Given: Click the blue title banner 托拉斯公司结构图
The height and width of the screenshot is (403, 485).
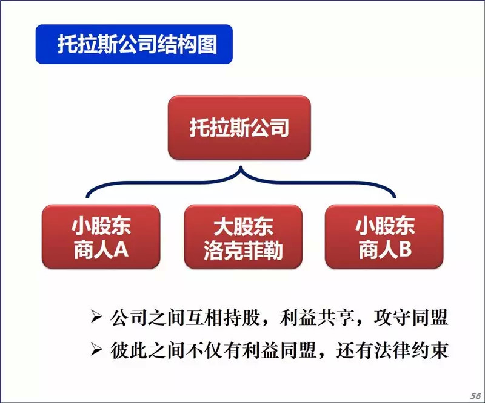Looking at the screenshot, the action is (134, 44).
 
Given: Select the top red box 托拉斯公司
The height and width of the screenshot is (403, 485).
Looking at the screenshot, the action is (239, 127).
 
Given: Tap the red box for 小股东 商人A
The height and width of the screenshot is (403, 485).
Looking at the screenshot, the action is (101, 237).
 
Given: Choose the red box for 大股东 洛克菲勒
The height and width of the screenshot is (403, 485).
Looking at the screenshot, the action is (243, 237).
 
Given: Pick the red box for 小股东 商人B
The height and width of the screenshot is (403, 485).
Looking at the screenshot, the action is (384, 237).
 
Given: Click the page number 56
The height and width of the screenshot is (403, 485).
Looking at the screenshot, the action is (476, 396).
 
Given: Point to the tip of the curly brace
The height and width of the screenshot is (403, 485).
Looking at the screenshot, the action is (241, 167).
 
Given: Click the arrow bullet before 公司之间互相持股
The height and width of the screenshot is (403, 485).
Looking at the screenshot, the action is (96, 316).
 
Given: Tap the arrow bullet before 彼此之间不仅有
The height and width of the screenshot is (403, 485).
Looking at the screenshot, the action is (96, 350).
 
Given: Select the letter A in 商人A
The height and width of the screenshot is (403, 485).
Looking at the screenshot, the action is (121, 249).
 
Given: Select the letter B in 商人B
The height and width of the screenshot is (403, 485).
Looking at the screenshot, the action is (405, 249).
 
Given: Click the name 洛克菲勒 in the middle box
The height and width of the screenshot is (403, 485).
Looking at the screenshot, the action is (243, 250).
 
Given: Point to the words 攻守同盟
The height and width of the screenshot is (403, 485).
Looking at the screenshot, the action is (411, 317).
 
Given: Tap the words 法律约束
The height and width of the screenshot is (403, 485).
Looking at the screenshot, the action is (411, 350).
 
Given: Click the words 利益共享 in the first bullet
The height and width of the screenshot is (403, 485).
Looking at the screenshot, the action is (316, 317).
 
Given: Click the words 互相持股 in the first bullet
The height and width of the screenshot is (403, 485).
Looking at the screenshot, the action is (222, 317).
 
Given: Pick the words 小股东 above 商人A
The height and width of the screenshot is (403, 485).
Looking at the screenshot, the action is (101, 226).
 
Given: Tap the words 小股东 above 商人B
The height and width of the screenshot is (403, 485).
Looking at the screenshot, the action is (384, 226).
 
